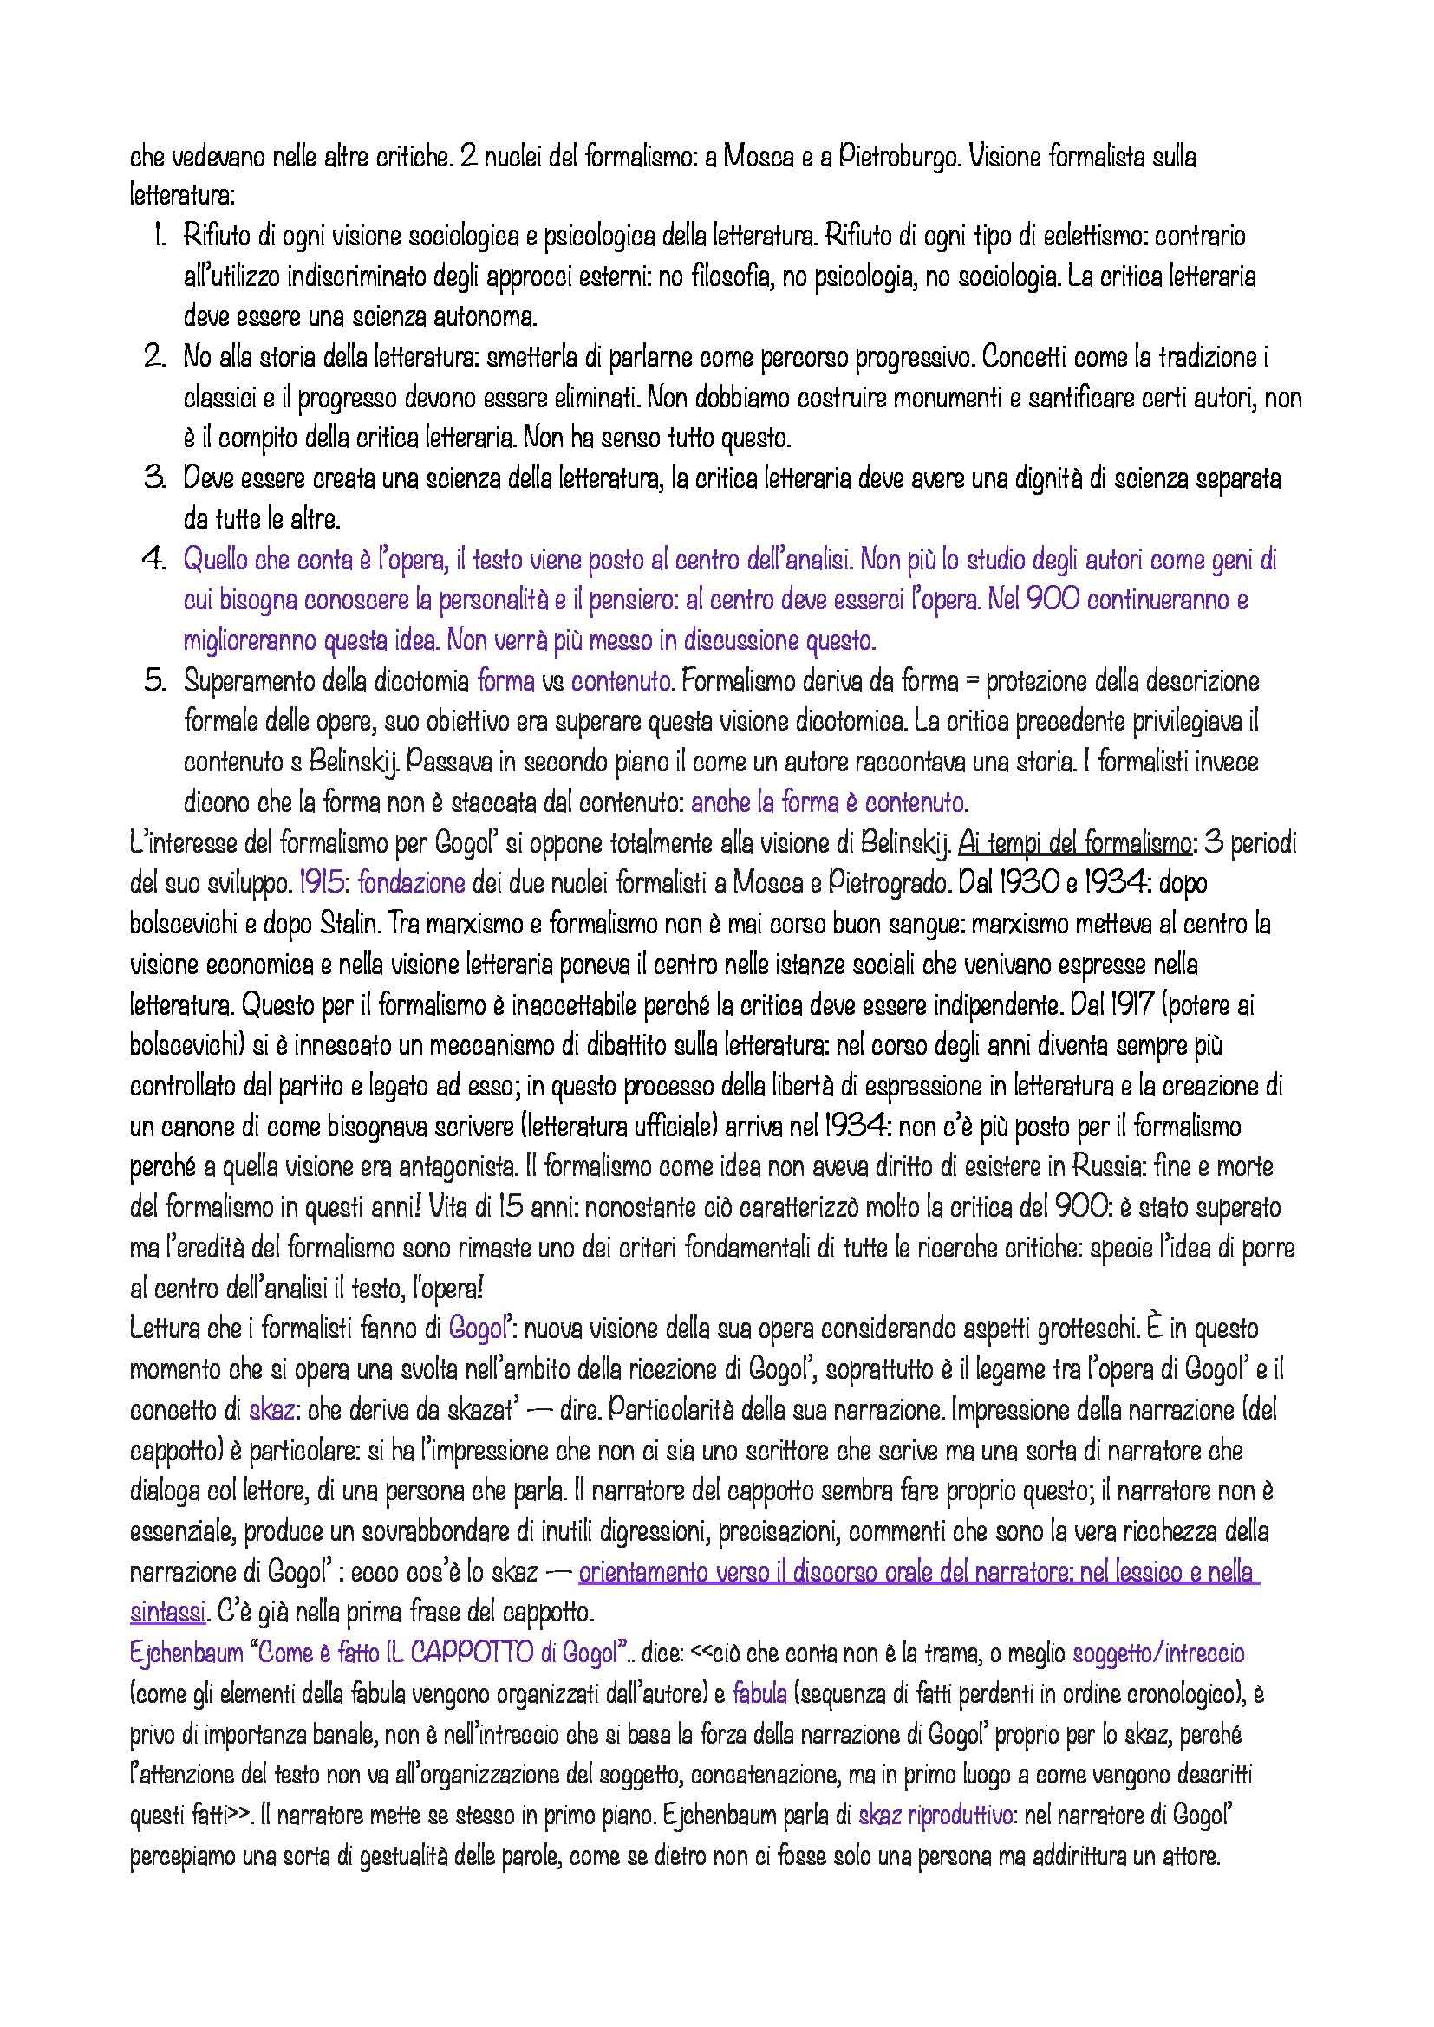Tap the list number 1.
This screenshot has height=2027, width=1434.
point(159,237)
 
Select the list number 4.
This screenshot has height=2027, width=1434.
point(154,560)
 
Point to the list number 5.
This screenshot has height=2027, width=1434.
point(154,680)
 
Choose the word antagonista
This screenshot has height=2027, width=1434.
point(464,1166)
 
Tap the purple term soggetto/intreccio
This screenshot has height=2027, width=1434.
point(1158,1653)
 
